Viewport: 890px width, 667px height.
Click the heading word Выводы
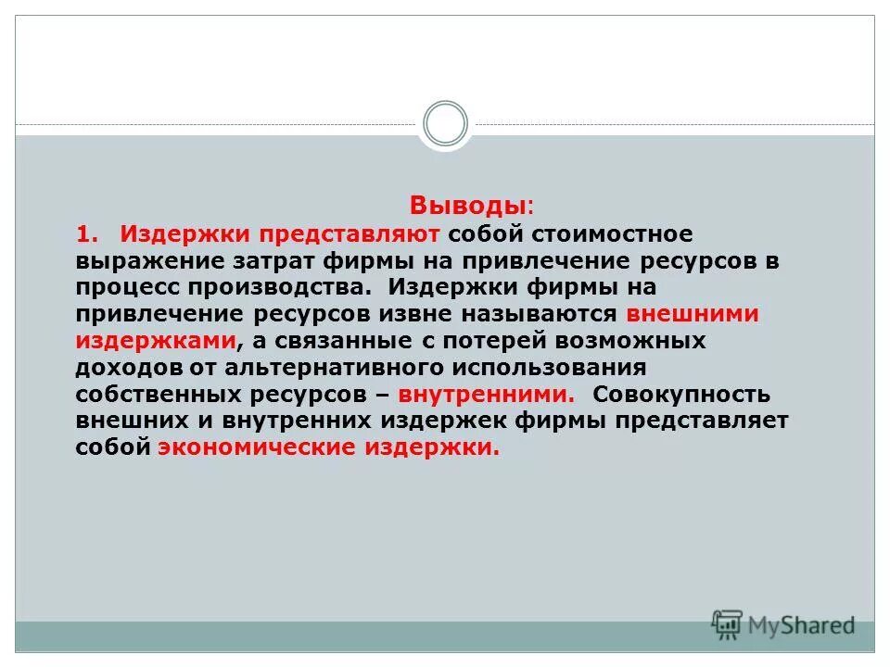coord(469,205)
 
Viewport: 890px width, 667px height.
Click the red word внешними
coord(693,314)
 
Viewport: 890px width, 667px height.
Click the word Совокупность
coord(681,395)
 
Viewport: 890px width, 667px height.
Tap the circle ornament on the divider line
coord(445,124)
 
